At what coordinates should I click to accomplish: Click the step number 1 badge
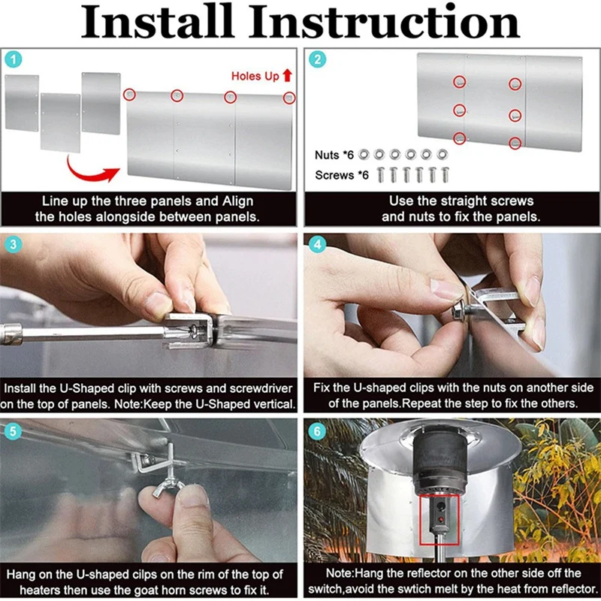tap(14, 59)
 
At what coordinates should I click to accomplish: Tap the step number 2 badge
tap(317, 59)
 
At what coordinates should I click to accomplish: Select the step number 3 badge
tap(14, 245)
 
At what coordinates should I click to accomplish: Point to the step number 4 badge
tap(317, 245)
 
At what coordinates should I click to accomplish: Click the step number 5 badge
tap(14, 431)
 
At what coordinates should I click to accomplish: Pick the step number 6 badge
tap(317, 431)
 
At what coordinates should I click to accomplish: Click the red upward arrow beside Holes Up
tap(288, 76)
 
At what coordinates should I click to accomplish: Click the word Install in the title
tap(157, 22)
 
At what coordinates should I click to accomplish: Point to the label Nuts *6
tap(334, 155)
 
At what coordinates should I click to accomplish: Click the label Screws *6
tap(342, 175)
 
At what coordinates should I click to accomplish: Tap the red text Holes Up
tap(255, 76)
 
